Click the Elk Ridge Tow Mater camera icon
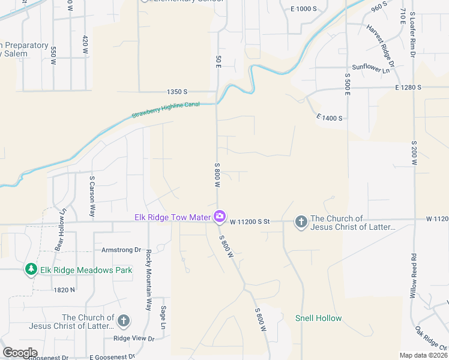coord(220,215)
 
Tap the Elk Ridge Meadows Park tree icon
coord(31,270)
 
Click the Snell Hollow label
coord(318,318)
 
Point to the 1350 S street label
coord(177,92)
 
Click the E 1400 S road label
coord(329,118)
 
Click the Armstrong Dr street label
coord(121,250)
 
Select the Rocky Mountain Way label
coord(148,280)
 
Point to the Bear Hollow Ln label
coord(59,230)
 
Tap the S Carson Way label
coord(92,197)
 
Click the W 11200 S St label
coord(249,222)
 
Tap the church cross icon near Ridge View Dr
coord(124,321)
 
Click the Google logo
coord(20,353)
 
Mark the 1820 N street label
coord(64,289)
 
